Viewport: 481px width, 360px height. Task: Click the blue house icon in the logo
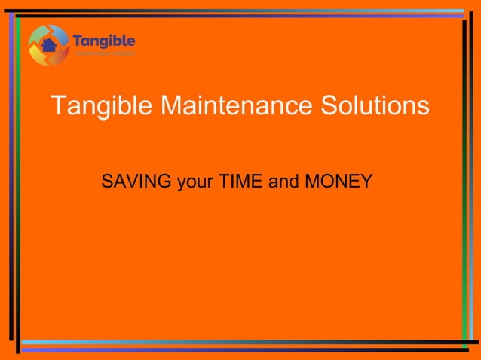click(49, 45)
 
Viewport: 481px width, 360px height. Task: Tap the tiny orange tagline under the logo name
click(104, 54)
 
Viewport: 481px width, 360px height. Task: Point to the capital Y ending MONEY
click(366, 182)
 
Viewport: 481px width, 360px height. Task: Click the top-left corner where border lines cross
click(16, 14)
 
